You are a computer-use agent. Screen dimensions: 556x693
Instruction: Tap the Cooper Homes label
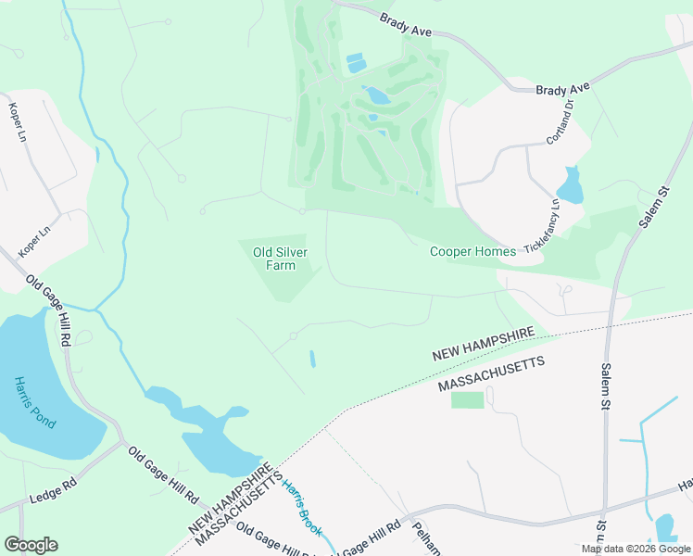(x=472, y=251)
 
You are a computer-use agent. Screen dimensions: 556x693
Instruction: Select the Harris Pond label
(x=35, y=401)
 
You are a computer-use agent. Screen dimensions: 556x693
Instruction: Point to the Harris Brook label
(x=302, y=508)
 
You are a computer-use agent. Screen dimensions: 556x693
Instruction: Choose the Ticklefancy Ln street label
(x=542, y=228)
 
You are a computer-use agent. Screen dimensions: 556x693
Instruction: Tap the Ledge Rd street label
(x=53, y=488)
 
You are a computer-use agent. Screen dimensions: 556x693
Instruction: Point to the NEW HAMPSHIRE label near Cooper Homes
(x=484, y=345)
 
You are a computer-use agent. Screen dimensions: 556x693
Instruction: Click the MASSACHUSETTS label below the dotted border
(x=491, y=373)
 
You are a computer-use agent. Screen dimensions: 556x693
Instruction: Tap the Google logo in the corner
(x=31, y=545)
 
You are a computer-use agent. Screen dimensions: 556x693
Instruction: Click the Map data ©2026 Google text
(x=636, y=549)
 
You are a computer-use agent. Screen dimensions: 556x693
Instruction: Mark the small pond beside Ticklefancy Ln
(x=572, y=187)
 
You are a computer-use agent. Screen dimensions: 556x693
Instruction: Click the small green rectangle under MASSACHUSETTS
(x=468, y=399)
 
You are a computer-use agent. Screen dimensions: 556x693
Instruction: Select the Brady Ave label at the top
(x=406, y=25)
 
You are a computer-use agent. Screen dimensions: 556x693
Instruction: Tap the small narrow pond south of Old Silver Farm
(x=312, y=358)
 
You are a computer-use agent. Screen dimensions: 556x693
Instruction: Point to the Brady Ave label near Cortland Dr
(x=562, y=88)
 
